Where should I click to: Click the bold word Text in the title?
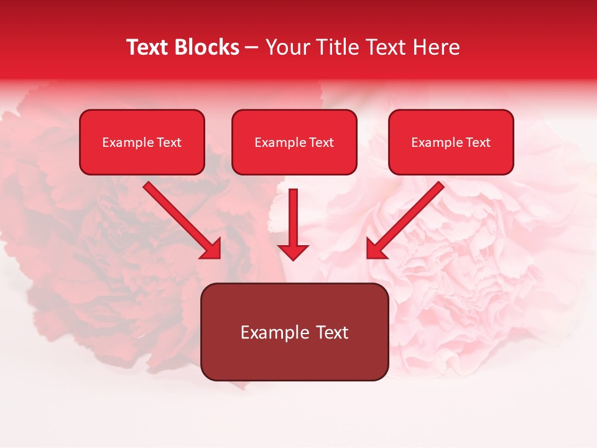pyautogui.click(x=148, y=47)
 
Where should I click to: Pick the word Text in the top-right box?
pyautogui.click(x=478, y=142)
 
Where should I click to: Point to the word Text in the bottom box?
pyautogui.click(x=332, y=332)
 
